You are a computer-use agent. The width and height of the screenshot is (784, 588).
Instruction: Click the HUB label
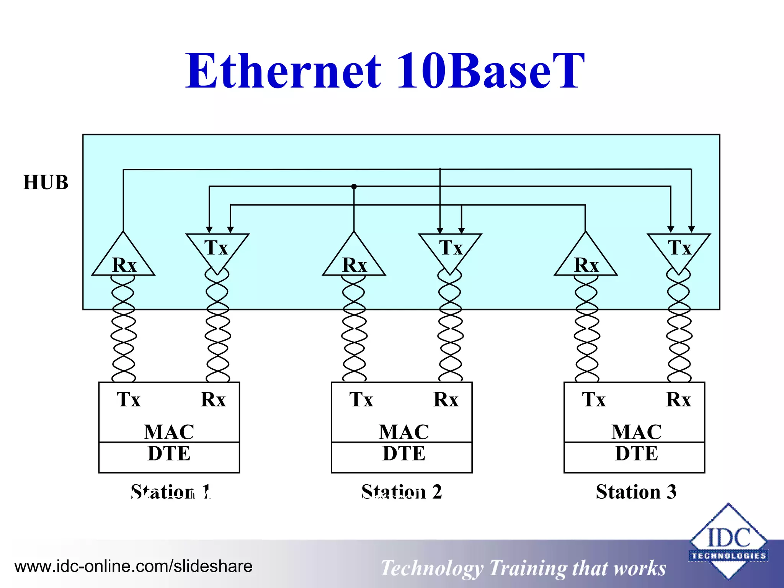click(x=46, y=183)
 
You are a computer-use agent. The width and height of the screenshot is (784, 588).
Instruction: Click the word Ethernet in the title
click(x=283, y=72)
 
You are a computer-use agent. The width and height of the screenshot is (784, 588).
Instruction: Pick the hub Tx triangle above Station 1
click(x=217, y=249)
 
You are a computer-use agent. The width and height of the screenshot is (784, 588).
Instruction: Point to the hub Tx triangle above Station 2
click(x=450, y=249)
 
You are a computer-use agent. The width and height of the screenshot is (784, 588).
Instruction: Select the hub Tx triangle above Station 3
click(x=679, y=249)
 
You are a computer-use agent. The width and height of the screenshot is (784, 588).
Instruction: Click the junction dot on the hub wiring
click(x=354, y=186)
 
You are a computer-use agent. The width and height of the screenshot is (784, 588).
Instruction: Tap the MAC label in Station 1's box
click(x=169, y=432)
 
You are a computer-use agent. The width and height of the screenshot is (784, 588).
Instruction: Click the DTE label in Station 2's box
click(x=403, y=454)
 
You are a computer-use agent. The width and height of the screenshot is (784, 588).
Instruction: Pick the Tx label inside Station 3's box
click(x=594, y=400)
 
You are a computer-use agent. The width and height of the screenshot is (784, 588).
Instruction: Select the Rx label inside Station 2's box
click(x=446, y=400)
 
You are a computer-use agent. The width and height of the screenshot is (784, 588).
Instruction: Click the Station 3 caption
click(x=636, y=492)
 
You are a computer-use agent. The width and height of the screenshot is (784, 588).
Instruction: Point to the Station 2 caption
click(x=402, y=492)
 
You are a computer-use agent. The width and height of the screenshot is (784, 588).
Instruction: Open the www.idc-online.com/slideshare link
click(x=133, y=566)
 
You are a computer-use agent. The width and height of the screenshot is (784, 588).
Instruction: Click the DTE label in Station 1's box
click(x=169, y=454)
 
